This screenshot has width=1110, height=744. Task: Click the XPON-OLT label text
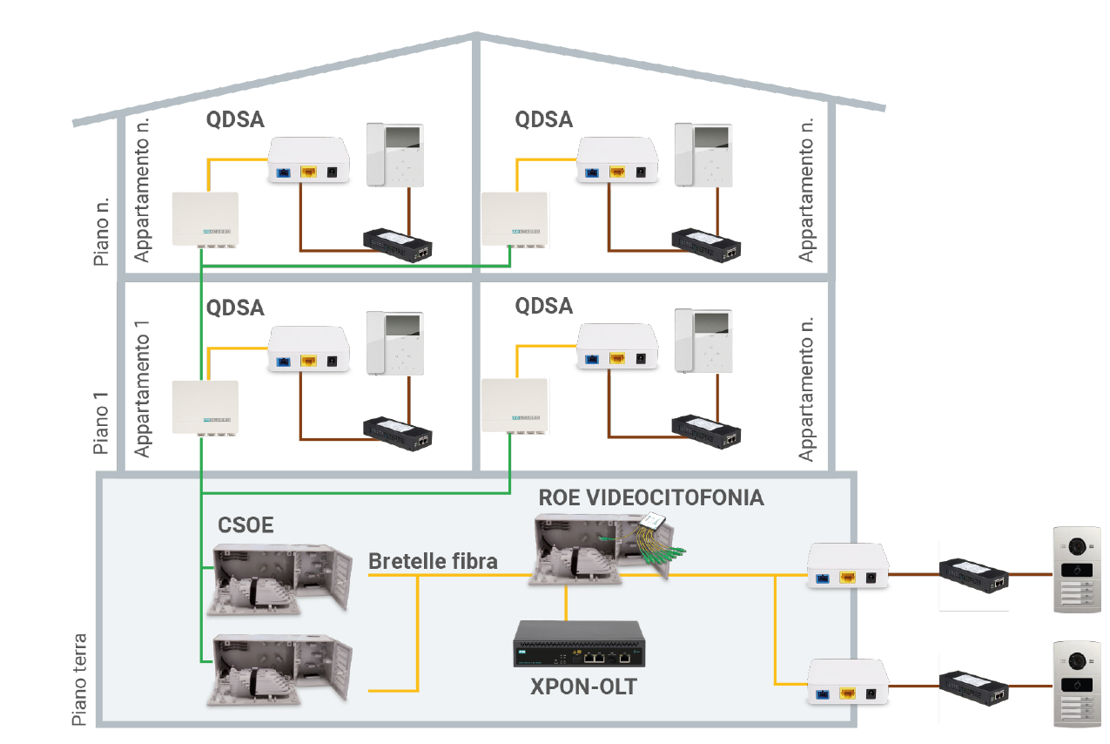coord(583,687)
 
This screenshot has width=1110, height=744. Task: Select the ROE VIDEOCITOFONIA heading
coord(651,498)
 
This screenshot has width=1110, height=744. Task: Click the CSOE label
coord(246,525)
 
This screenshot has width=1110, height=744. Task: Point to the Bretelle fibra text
coord(433,561)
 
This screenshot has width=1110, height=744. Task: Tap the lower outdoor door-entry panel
coord(1078,683)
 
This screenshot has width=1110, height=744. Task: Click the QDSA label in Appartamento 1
coord(235,308)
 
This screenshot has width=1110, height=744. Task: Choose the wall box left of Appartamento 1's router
coord(205,408)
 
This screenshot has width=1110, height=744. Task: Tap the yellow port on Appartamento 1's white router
coord(307,362)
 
